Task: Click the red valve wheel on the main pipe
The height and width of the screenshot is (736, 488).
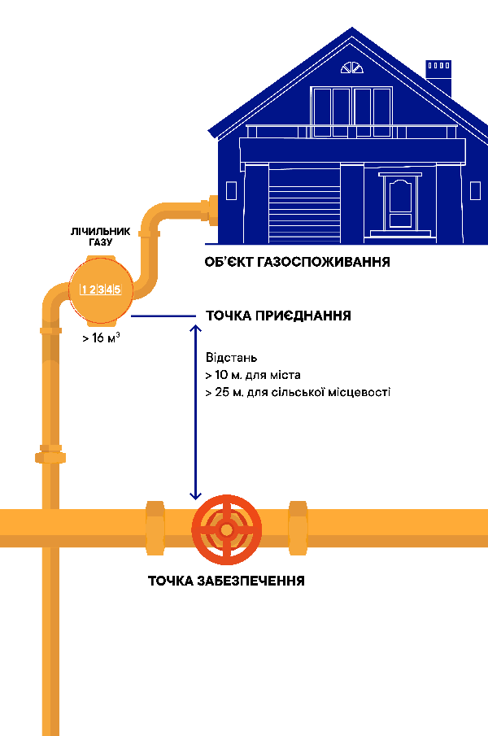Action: (x=226, y=529)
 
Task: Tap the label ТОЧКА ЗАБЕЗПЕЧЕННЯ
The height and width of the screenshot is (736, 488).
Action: (x=226, y=581)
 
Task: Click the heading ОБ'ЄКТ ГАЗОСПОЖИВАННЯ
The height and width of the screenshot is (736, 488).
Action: (x=298, y=262)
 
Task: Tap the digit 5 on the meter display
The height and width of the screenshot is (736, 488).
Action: (x=118, y=289)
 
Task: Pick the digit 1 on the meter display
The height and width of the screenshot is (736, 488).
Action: (x=84, y=289)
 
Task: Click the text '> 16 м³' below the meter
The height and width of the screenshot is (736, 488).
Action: (x=101, y=338)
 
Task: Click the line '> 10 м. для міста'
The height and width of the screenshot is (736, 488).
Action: (x=252, y=376)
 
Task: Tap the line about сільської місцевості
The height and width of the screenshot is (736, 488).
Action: (x=298, y=393)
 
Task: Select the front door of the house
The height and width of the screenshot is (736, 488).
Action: (x=401, y=203)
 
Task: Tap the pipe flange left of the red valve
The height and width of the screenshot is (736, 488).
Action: (x=155, y=529)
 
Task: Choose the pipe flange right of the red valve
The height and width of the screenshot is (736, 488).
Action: (x=298, y=529)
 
